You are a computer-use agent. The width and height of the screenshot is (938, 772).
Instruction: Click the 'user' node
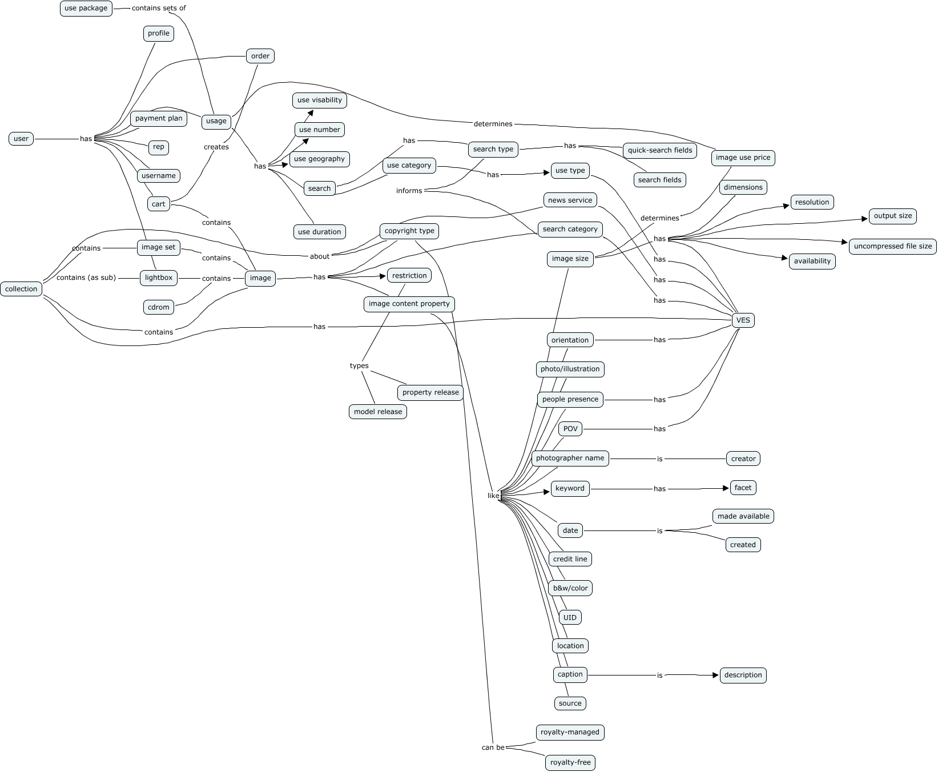(x=21, y=139)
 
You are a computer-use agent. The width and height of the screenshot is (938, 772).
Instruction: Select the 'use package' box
(x=86, y=9)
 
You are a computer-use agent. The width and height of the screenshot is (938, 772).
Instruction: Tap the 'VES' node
(x=743, y=320)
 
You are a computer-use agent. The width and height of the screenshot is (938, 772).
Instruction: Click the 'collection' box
(x=21, y=289)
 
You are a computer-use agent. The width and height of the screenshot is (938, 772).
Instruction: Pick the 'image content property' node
(x=409, y=304)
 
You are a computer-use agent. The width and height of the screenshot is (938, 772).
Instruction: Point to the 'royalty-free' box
(x=570, y=762)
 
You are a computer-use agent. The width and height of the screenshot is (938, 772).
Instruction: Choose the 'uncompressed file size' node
(x=892, y=247)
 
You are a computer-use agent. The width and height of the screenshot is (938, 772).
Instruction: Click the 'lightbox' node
(x=159, y=278)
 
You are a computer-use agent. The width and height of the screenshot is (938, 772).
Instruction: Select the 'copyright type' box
(x=409, y=231)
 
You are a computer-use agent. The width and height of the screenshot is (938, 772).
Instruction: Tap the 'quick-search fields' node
(x=659, y=151)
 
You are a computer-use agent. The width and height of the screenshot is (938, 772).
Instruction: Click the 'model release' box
(x=378, y=412)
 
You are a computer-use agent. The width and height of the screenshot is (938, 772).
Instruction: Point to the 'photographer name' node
(x=570, y=459)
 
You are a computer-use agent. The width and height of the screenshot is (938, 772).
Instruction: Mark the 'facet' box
(x=743, y=488)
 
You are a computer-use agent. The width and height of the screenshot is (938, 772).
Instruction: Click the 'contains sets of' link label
(x=159, y=9)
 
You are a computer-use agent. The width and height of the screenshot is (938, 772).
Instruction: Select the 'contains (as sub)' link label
(x=86, y=278)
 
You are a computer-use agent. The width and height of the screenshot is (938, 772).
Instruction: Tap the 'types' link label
(x=359, y=366)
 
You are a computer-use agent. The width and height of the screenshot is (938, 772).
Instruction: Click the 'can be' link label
(x=493, y=747)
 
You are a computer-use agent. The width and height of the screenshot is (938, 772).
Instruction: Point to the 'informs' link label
(x=409, y=191)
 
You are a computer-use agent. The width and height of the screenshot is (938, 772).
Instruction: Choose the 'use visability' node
(x=320, y=100)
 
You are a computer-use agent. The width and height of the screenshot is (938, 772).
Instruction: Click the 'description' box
(x=743, y=675)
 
